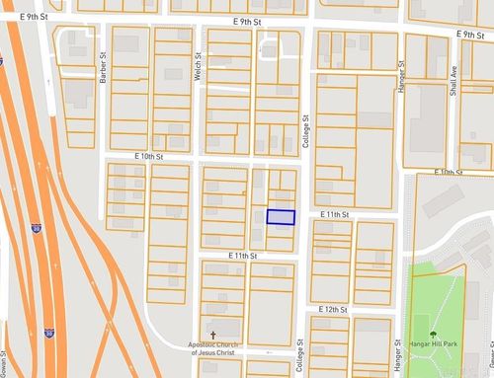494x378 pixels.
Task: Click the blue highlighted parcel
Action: click(281, 217)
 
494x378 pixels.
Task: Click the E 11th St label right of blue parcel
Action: click(337, 214)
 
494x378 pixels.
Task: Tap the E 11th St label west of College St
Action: click(242, 256)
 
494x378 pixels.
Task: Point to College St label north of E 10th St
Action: click(306, 128)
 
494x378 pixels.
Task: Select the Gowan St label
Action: click(4, 363)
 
